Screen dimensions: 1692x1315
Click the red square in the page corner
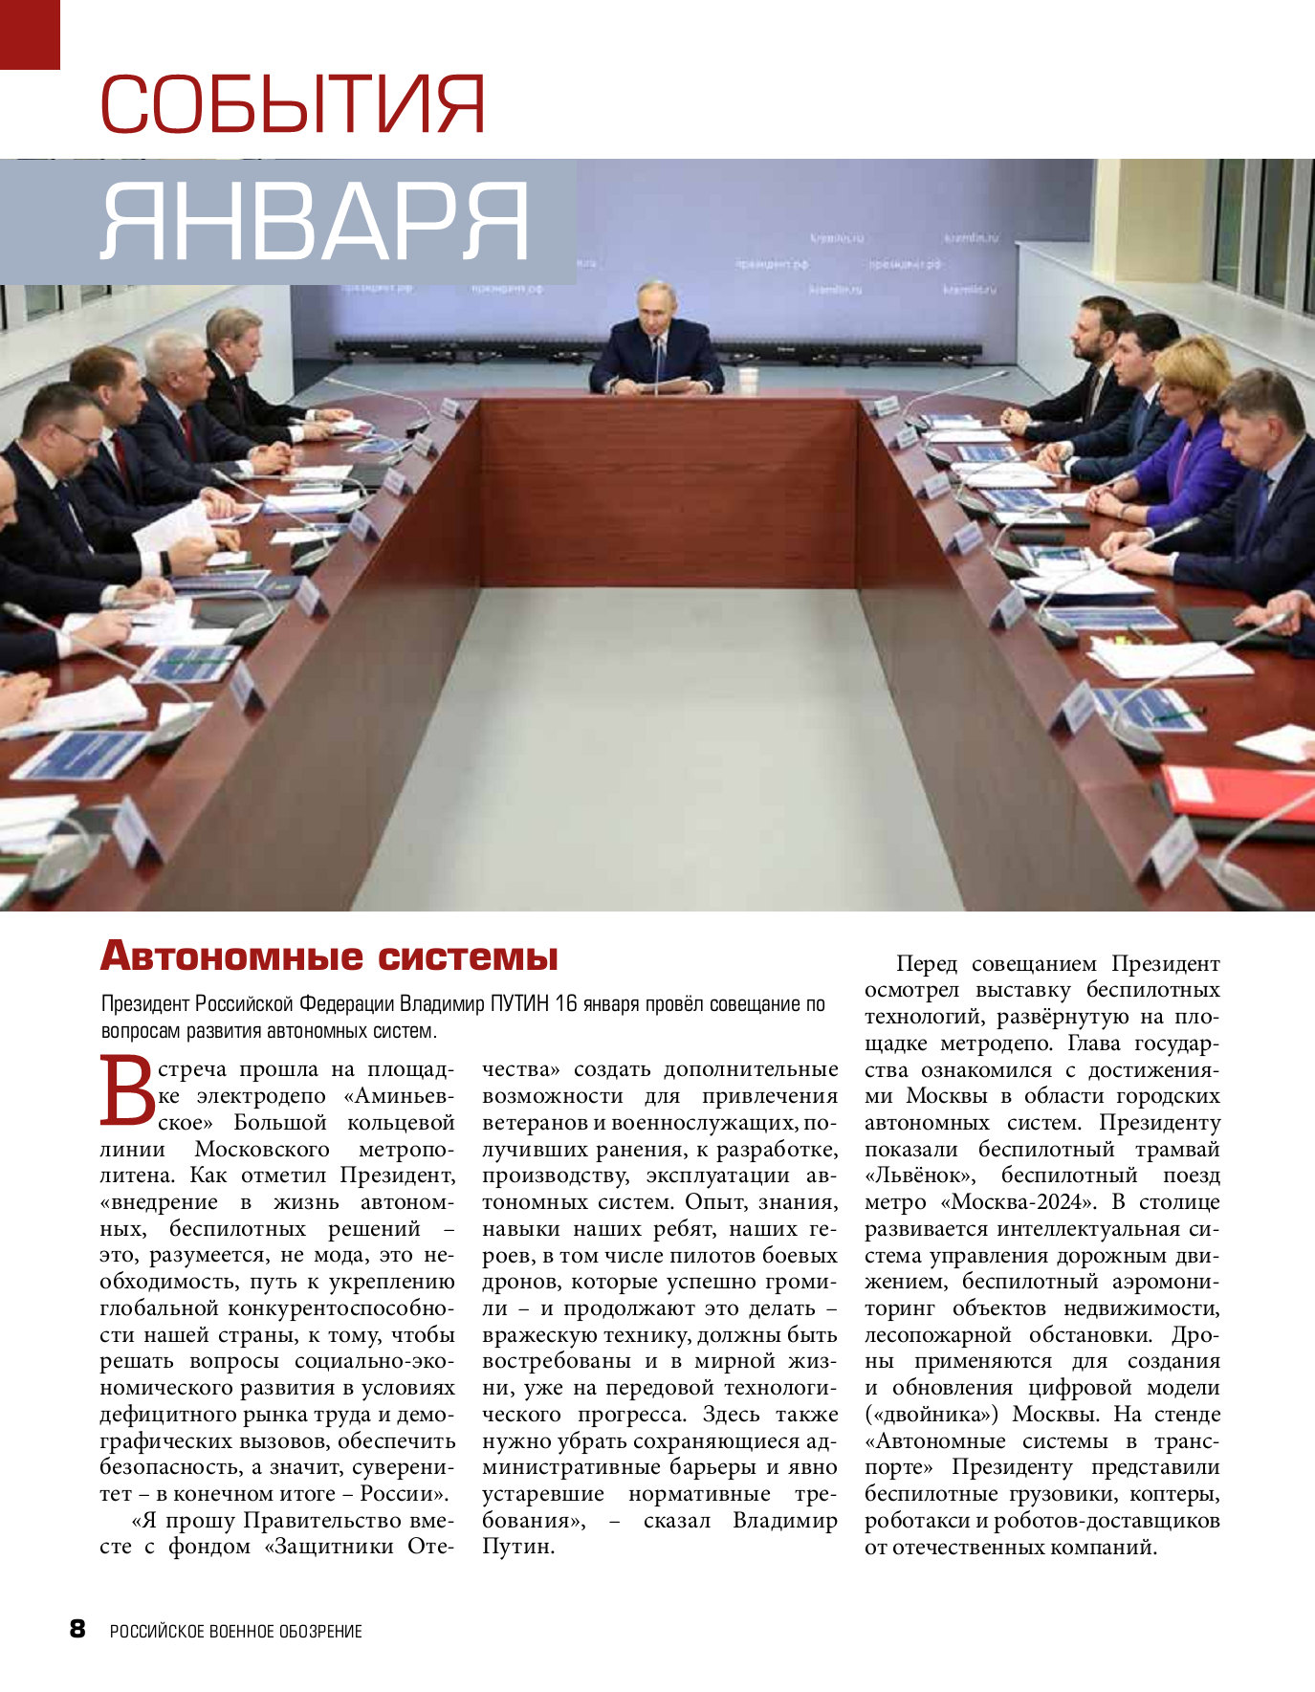[30, 33]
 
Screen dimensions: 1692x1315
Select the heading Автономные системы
[329, 956]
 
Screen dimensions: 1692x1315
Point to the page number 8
[77, 1629]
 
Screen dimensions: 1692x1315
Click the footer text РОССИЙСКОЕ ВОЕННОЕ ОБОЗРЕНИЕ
[235, 1631]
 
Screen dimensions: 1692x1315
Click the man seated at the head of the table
[656, 344]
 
